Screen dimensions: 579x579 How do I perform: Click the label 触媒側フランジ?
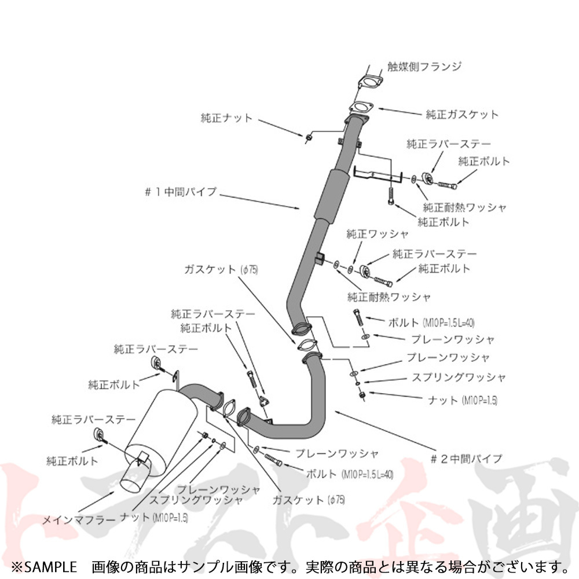pyautogui.click(x=424, y=67)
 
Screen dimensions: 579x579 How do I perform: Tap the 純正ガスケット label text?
pyautogui.click(x=461, y=114)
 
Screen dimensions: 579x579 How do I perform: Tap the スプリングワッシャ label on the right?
pyautogui.click(x=458, y=378)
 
